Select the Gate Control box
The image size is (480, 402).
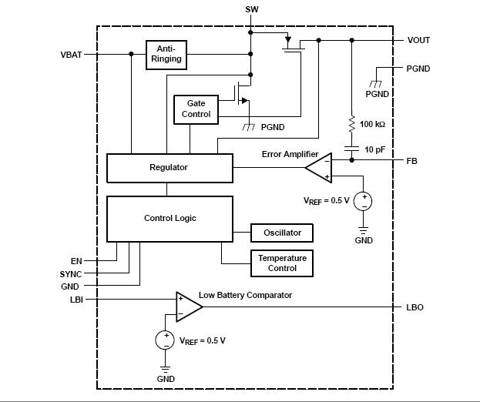[196, 109]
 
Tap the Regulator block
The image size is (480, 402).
[169, 167]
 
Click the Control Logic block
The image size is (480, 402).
[170, 219]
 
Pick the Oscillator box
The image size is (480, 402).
[282, 233]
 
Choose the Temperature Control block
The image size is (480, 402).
[282, 263]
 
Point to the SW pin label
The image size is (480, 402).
[251, 9]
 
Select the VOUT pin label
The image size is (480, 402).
[418, 40]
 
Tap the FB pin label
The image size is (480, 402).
[412, 161]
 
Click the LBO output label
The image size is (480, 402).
[415, 307]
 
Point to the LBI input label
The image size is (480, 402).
[76, 300]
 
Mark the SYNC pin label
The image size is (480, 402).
[71, 274]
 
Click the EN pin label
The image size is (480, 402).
[76, 262]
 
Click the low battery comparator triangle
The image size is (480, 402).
[188, 307]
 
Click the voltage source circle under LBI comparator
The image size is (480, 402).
[166, 340]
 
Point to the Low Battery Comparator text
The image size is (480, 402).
[245, 295]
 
